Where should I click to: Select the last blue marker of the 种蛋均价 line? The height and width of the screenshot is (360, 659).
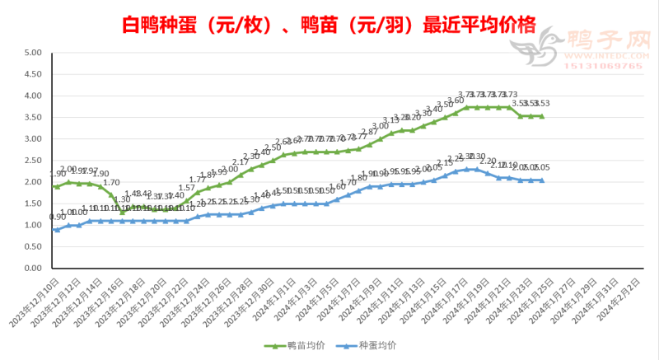click(541, 180)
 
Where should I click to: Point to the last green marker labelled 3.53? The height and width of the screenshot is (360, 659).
click(541, 116)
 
